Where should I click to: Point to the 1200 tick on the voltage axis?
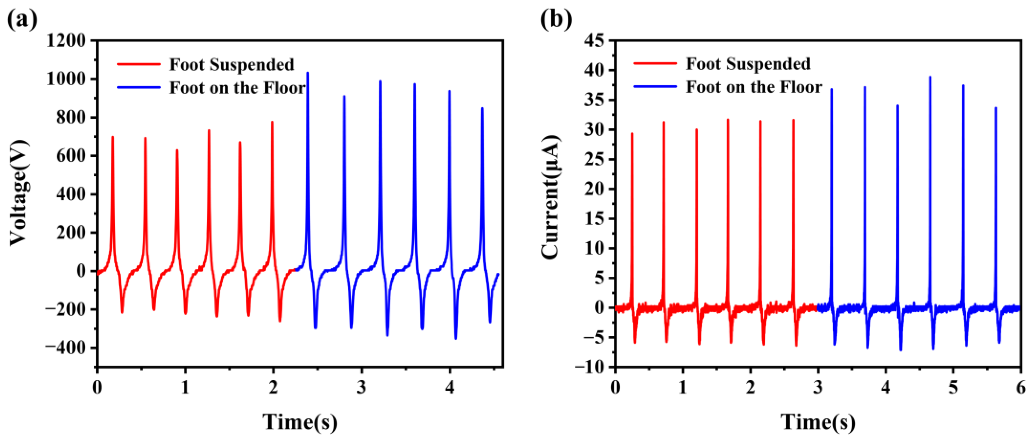(66, 40)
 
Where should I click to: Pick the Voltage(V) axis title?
(19, 193)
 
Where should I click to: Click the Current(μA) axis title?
(551, 197)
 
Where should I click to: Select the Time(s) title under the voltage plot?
(300, 422)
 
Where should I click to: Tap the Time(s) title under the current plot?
(818, 422)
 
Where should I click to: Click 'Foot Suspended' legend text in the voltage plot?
(231, 65)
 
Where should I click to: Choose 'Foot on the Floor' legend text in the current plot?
(754, 87)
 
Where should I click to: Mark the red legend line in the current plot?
(655, 64)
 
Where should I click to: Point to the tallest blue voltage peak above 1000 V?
(308, 73)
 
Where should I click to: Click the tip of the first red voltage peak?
(113, 137)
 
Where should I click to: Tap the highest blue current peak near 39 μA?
(930, 77)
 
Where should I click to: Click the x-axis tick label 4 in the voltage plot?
(450, 388)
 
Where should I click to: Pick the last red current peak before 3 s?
(793, 120)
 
